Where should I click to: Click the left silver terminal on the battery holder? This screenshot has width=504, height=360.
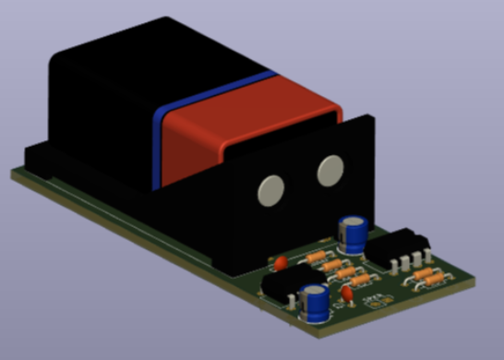click(x=270, y=190)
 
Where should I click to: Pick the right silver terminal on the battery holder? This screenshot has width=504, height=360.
click(x=330, y=169)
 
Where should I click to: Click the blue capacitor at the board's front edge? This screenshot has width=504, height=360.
click(x=316, y=305)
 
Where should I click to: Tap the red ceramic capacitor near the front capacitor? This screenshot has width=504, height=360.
click(x=346, y=294)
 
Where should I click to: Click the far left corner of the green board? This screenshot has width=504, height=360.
click(x=13, y=173)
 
